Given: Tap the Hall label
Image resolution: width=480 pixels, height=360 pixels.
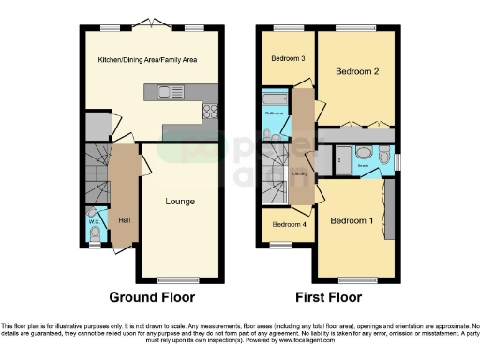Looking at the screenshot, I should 124,221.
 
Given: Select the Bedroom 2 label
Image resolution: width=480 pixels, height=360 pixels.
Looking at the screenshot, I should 357,71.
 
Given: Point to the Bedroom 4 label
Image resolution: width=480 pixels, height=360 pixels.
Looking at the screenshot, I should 289,225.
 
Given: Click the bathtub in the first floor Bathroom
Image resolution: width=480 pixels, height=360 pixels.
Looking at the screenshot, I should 277,97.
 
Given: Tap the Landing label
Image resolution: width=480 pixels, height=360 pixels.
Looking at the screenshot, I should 299,173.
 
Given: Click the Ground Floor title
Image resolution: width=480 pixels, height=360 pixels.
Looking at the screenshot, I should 152,297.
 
